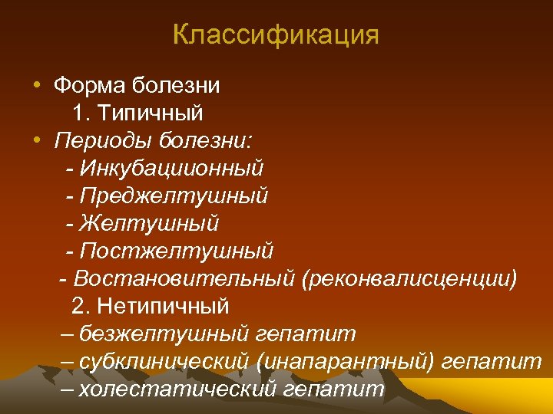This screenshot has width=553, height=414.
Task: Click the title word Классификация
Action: [276, 35]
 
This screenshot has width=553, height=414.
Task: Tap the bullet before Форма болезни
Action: [37, 84]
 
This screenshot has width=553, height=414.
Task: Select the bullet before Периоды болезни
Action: [37, 140]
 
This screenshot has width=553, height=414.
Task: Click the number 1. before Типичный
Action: [82, 113]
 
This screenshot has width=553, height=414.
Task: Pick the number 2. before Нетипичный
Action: [82, 306]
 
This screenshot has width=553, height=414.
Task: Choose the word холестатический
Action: [177, 389]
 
